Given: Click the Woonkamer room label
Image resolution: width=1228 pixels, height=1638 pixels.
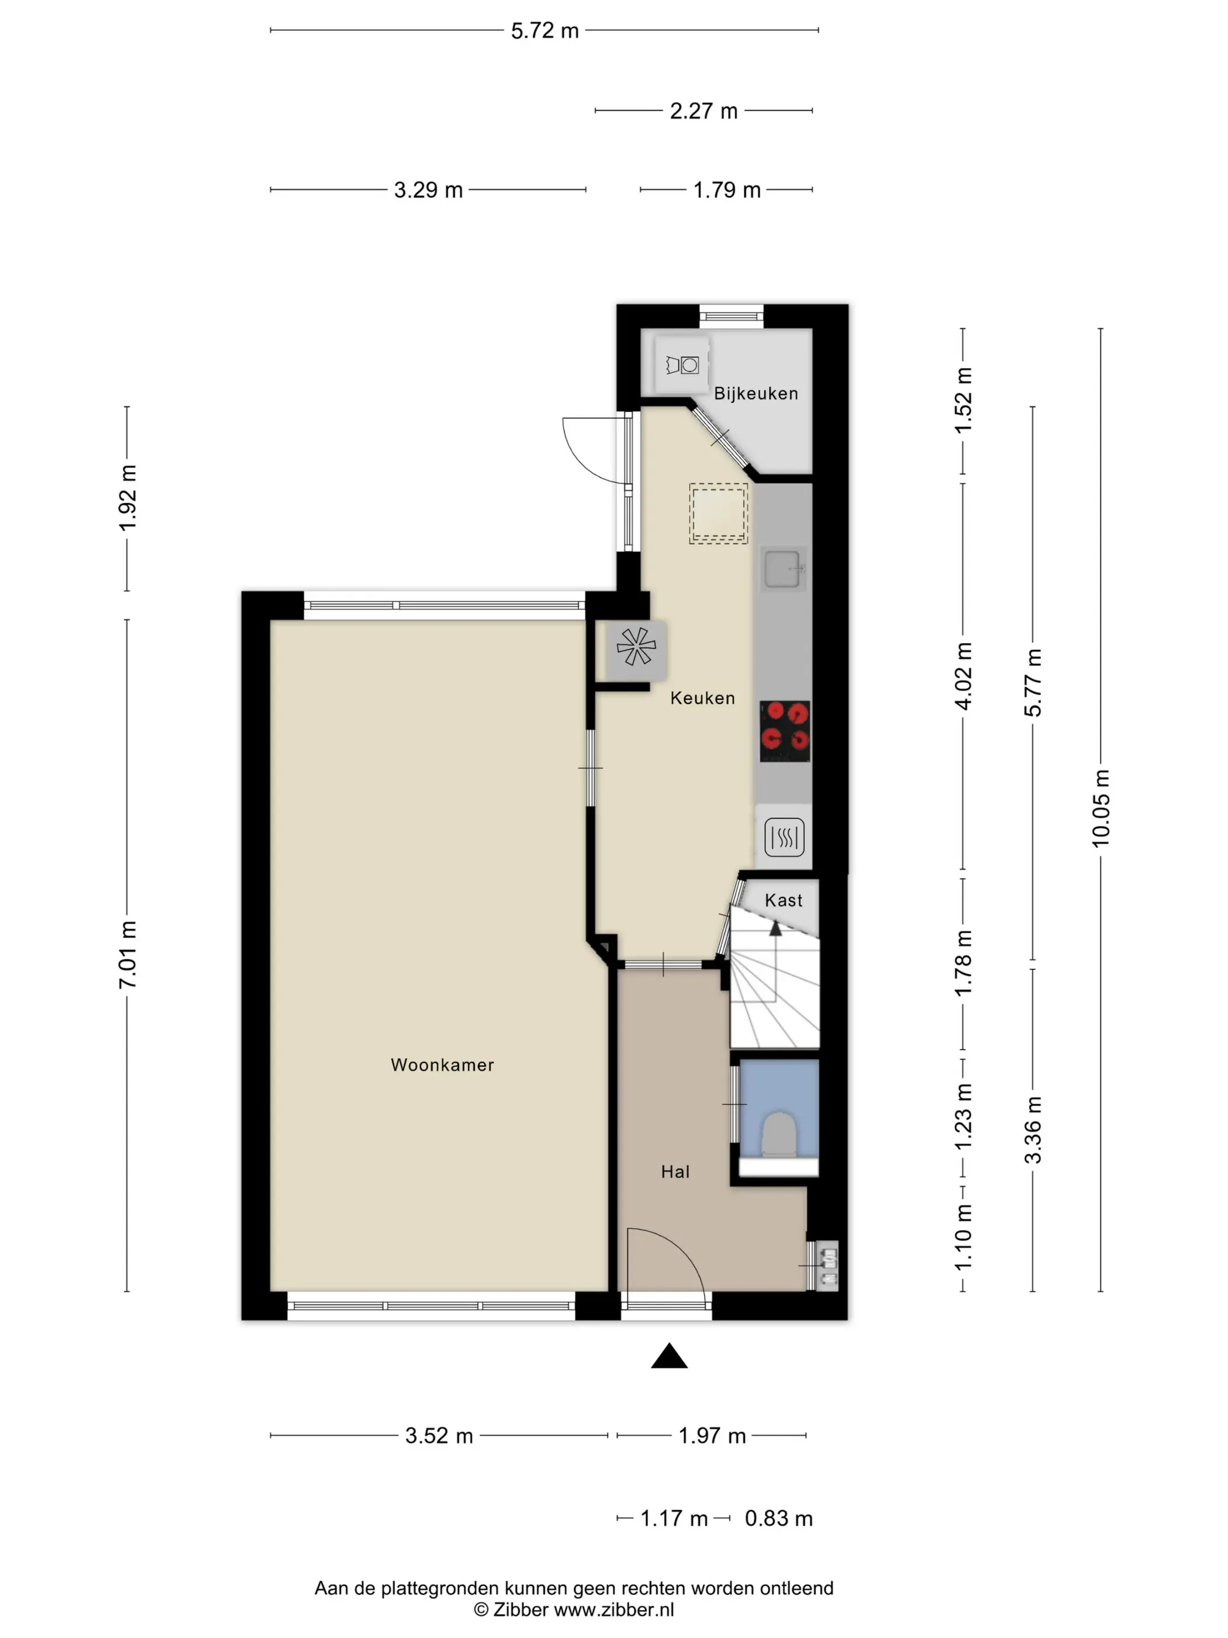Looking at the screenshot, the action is pyautogui.click(x=442, y=1065).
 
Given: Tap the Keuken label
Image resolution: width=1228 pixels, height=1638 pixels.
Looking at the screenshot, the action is pyautogui.click(x=702, y=697).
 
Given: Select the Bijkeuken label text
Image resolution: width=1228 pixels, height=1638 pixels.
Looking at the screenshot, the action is pyautogui.click(x=756, y=393).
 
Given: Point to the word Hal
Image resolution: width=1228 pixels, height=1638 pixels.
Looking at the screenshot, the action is pyautogui.click(x=675, y=1172).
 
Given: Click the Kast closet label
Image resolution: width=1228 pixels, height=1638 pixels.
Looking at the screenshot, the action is pyautogui.click(x=783, y=900).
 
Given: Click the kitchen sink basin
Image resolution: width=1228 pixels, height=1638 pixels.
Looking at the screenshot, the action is pyautogui.click(x=782, y=569).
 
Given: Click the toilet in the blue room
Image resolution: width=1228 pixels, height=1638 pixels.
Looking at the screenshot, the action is pyautogui.click(x=779, y=1134).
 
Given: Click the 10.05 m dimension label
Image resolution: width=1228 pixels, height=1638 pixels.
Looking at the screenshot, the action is pyautogui.click(x=1101, y=808).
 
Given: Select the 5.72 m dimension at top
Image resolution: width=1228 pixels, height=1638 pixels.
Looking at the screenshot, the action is pyautogui.click(x=545, y=31).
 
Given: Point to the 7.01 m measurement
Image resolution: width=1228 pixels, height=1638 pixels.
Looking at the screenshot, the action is pyautogui.click(x=128, y=955).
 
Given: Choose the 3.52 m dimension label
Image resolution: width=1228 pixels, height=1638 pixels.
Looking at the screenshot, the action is pyautogui.click(x=439, y=1436).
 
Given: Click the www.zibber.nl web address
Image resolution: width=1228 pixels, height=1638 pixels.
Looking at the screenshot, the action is pyautogui.click(x=613, y=1609).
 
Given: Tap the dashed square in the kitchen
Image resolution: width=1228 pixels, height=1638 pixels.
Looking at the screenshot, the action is pyautogui.click(x=718, y=513).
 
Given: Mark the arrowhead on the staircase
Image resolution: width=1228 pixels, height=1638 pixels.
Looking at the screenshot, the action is pyautogui.click(x=775, y=928).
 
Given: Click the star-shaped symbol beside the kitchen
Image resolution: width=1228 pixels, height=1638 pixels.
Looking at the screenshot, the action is pyautogui.click(x=636, y=646).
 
